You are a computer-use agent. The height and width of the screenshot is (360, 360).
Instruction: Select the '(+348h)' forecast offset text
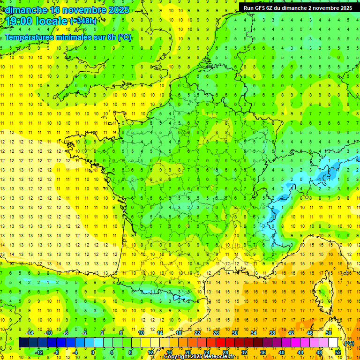click(x=83, y=21)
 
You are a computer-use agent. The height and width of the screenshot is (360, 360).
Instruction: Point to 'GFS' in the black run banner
click(x=261, y=7)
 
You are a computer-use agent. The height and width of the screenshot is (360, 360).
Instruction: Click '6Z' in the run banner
click(x=272, y=7)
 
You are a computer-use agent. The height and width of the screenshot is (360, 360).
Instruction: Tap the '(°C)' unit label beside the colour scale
click(x=349, y=343)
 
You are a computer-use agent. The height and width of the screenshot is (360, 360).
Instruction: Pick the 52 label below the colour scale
click(x=338, y=352)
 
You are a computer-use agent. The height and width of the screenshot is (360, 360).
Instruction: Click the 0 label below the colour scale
click(x=93, y=352)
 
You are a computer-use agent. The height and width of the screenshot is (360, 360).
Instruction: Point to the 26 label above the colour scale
click(x=216, y=333)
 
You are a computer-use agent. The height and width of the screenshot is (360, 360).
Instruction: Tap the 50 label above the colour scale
click(x=329, y=333)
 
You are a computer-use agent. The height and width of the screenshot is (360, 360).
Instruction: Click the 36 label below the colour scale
click(x=263, y=352)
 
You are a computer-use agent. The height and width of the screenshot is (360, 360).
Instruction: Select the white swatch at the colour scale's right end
click(x=333, y=343)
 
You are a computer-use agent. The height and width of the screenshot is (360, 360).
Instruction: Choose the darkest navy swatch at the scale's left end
click(x=24, y=343)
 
